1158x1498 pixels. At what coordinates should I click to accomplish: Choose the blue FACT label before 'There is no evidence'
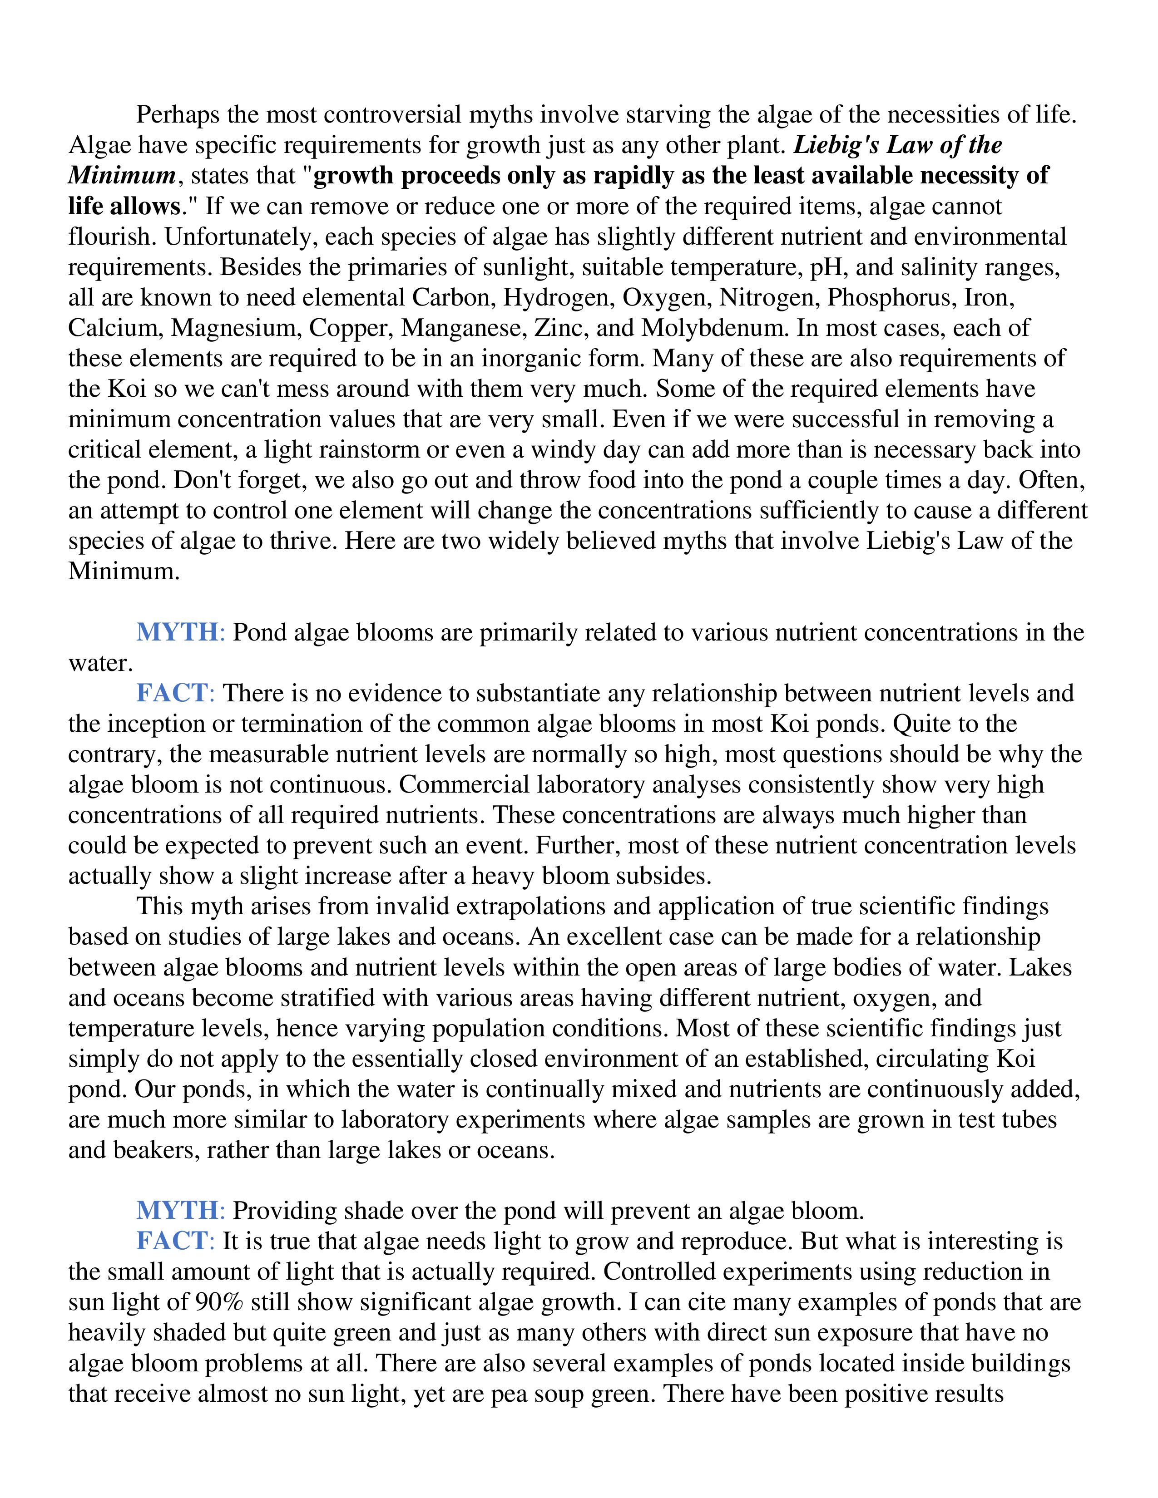172,694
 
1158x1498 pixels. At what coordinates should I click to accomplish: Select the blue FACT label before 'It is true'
172,1242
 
